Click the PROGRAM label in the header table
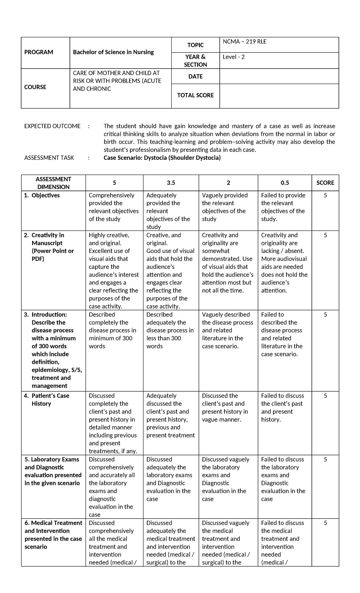[38, 52]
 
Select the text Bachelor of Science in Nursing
[113, 52]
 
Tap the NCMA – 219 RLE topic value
[244, 42]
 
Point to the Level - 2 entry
[234, 57]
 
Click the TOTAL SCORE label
[195, 95]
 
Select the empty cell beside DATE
[279, 77]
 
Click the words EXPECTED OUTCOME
[52, 126]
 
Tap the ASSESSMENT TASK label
[49, 158]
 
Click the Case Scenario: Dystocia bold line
[162, 158]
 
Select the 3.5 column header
[171, 183]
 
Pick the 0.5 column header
[285, 183]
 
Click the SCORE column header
[325, 183]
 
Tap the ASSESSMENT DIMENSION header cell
[53, 183]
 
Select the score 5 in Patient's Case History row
[325, 396]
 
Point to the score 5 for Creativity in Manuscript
[325, 235]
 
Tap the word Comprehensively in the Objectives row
[112, 195]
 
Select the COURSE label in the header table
[35, 87]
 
